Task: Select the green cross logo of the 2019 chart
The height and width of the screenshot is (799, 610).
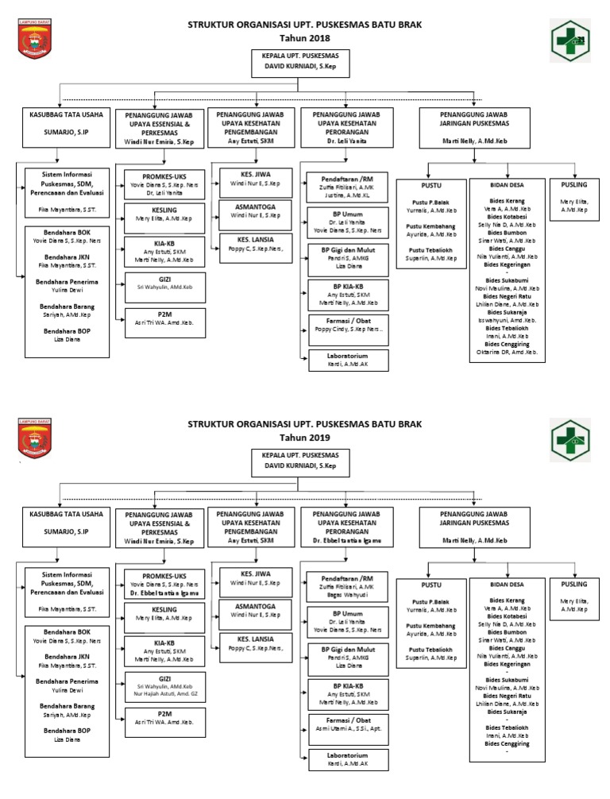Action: click(572, 440)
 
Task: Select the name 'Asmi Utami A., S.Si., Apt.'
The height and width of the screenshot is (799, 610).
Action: click(348, 728)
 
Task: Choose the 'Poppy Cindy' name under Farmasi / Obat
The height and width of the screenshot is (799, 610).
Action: click(348, 329)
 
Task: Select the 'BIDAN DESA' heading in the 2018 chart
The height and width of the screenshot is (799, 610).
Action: click(508, 184)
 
